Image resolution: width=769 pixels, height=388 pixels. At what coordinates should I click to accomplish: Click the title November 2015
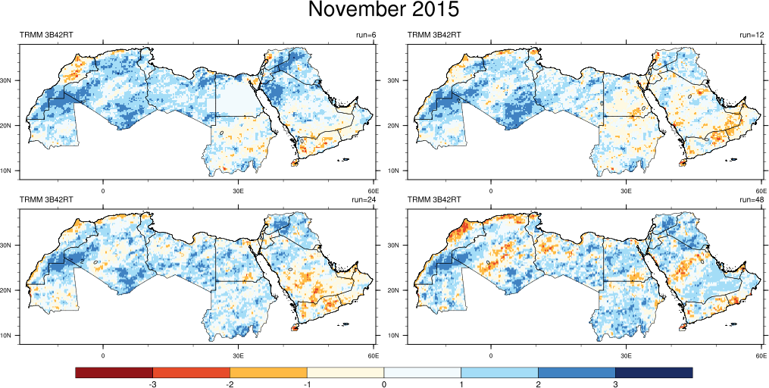tap(383, 10)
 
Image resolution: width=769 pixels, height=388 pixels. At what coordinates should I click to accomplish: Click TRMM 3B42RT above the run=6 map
tap(46, 35)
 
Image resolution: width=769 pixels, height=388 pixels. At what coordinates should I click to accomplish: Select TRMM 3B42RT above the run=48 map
tap(435, 199)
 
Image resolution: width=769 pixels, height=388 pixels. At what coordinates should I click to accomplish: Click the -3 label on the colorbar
tap(153, 385)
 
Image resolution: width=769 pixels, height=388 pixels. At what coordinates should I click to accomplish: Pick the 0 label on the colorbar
tap(384, 385)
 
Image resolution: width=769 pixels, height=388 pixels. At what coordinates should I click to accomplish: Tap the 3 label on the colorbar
tap(615, 385)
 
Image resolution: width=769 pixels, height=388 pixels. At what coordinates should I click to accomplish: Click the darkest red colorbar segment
tap(114, 372)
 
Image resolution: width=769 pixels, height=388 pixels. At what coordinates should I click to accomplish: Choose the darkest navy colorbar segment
tap(654, 372)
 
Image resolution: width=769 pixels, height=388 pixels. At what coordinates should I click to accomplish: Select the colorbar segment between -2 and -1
tap(268, 372)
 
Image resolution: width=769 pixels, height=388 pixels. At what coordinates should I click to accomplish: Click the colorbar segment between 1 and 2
tap(499, 372)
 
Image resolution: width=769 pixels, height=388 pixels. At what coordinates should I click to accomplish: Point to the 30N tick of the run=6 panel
tap(10, 80)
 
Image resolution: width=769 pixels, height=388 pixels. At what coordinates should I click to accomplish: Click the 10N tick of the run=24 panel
tap(10, 335)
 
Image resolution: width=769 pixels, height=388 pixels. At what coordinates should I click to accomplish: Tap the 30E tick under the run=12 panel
tap(626, 190)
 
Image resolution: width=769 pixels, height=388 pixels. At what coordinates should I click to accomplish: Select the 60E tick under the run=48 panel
tap(761, 355)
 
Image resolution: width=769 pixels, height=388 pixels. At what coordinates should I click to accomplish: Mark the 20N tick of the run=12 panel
tap(399, 125)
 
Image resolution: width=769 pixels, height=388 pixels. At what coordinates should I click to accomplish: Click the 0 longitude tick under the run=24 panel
tap(103, 355)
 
